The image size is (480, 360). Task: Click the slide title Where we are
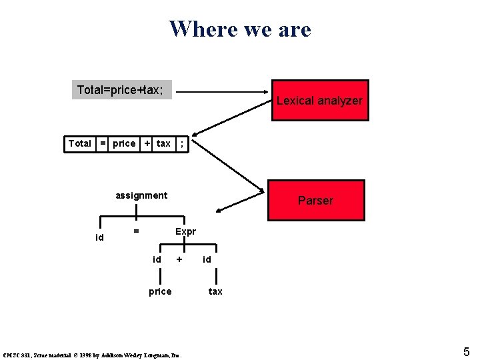pos(240,29)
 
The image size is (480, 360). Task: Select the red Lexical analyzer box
pos(319,101)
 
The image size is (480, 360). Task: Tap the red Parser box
pos(315,200)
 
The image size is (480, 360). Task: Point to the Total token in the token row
pos(80,143)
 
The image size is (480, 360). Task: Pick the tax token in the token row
pos(163,143)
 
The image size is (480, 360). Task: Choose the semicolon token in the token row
pos(182,143)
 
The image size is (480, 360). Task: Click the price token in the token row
pos(124,143)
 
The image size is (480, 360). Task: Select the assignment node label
pos(141,195)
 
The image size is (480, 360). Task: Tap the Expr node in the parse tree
pos(185,231)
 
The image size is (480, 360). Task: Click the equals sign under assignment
pos(136,231)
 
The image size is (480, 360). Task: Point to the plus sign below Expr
pos(179,259)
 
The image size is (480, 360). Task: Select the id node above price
pos(157,259)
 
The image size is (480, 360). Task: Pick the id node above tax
pos(207,259)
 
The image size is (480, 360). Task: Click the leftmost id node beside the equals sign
pos(100,237)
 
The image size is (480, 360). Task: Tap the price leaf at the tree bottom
pos(160,291)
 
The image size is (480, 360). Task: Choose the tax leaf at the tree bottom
pos(215,291)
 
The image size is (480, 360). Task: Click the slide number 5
pos(467,351)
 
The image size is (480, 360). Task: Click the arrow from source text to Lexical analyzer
pos(220,93)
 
